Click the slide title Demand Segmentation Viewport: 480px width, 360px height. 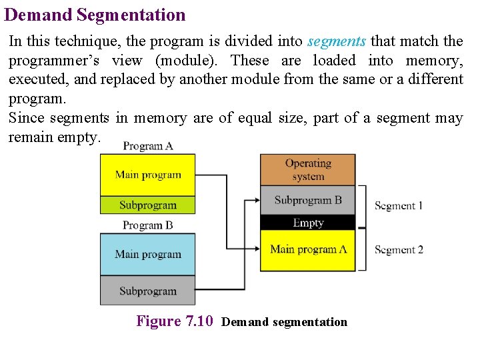click(x=95, y=15)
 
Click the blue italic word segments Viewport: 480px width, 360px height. click(x=337, y=41)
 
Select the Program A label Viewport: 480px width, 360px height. click(x=148, y=146)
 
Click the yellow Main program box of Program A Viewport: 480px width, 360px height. click(x=147, y=175)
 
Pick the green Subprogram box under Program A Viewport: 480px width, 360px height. click(x=147, y=205)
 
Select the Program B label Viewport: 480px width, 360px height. click(x=147, y=225)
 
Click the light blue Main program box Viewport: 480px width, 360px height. click(x=147, y=254)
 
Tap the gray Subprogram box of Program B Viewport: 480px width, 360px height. click(x=147, y=291)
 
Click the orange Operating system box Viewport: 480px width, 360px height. click(x=307, y=170)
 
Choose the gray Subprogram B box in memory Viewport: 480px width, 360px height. click(x=307, y=200)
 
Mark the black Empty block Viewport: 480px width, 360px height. click(x=307, y=223)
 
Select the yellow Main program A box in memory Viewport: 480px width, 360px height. click(x=307, y=250)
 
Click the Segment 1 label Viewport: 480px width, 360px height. click(x=399, y=206)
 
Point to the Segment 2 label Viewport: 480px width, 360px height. click(x=399, y=250)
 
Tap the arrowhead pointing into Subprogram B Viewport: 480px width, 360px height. click(x=255, y=199)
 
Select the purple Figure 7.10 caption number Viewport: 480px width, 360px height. click(x=175, y=321)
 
